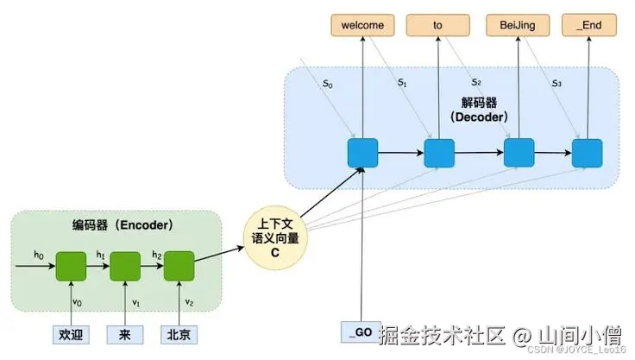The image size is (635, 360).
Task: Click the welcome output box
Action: pos(362,25)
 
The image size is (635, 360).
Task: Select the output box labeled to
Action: pos(438,25)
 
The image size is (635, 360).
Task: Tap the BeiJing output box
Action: pos(518,25)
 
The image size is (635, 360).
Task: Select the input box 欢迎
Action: pos(69,333)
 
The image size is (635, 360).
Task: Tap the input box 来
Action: pos(124,333)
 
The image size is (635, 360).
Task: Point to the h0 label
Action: pos(38,255)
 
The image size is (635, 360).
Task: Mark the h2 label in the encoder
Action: pos(156,255)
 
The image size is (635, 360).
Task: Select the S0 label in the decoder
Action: pos(327,84)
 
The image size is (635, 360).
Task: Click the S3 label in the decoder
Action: pos(556,84)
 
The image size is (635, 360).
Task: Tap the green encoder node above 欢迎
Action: pos(69,266)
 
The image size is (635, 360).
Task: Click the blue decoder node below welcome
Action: pos(362,153)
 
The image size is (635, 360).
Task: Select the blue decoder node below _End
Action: pos(587,153)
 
